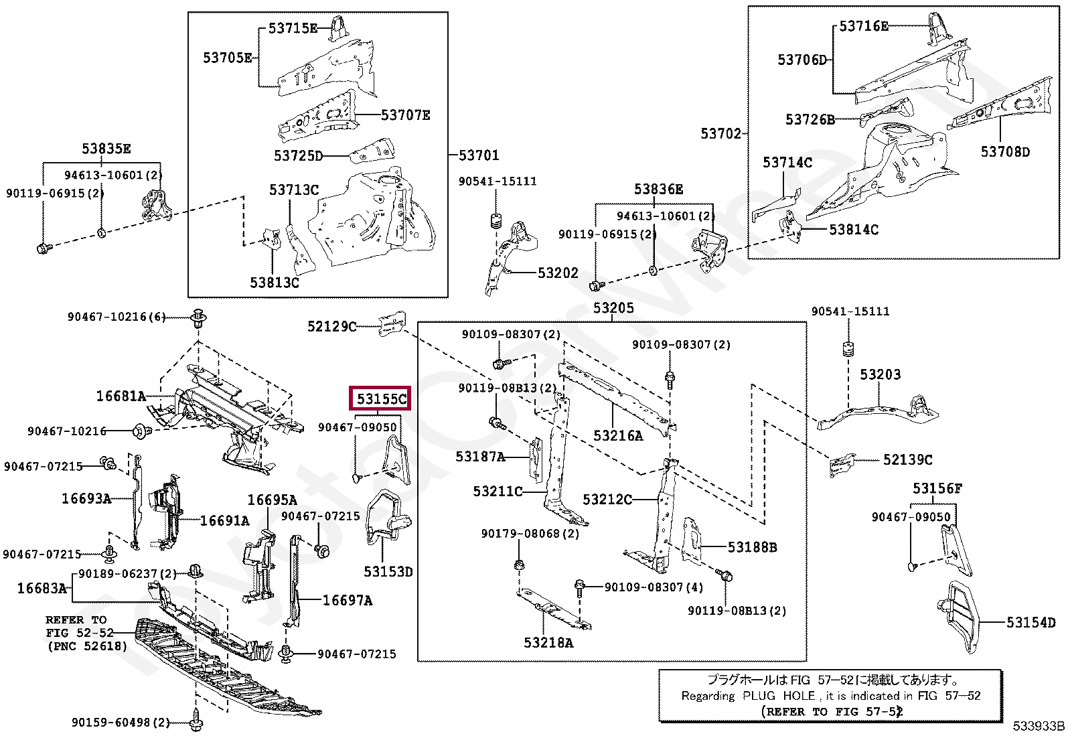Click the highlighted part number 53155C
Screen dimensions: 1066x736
pos(382,398)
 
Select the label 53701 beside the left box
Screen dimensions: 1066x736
pos(479,155)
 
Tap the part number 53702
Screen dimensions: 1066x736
pos(720,134)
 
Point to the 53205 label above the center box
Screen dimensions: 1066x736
pos(613,308)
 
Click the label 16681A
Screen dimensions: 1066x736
pos(121,396)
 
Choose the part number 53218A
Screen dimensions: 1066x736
pos(548,643)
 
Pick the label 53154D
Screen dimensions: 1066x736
pos(1031,622)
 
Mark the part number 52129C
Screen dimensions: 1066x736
pos(331,326)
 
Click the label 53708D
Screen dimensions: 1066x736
pos(1005,152)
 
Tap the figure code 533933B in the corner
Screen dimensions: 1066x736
pos(1039,726)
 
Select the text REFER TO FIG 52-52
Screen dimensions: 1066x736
pos(80,627)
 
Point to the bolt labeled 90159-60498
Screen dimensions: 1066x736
pos(196,720)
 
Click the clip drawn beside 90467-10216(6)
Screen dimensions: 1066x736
pos(198,317)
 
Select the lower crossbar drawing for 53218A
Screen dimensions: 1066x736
pos(554,609)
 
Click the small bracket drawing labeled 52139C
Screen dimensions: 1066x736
pos(842,464)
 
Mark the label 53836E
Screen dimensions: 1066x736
pos(658,190)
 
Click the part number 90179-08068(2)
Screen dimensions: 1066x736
pos(530,534)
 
